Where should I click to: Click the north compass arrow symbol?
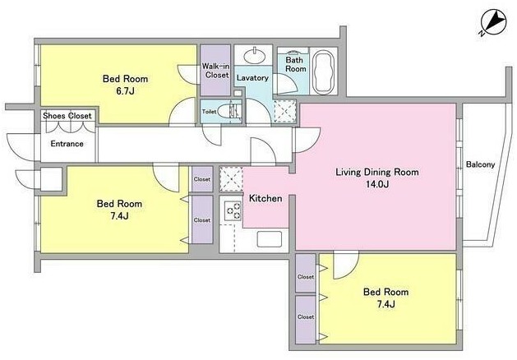click(493, 22)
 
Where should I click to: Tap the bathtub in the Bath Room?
click(324, 72)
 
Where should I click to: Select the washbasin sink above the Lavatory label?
click(254, 55)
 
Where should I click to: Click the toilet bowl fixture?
click(227, 111)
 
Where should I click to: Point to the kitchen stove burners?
click(233, 210)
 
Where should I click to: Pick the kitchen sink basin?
click(269, 239)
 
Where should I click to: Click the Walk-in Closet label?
click(215, 71)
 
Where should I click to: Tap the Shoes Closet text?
click(67, 116)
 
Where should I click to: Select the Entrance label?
click(67, 144)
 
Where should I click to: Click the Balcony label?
click(480, 164)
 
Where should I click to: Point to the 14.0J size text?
click(377, 184)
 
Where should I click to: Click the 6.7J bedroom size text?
click(125, 91)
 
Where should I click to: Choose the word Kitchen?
click(265, 198)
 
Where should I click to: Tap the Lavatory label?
click(252, 78)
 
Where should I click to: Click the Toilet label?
click(209, 112)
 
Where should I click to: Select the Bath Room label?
click(295, 64)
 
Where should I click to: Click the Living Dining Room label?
click(377, 172)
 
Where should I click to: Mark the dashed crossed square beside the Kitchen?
click(231, 179)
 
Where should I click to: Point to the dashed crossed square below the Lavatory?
click(285, 112)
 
